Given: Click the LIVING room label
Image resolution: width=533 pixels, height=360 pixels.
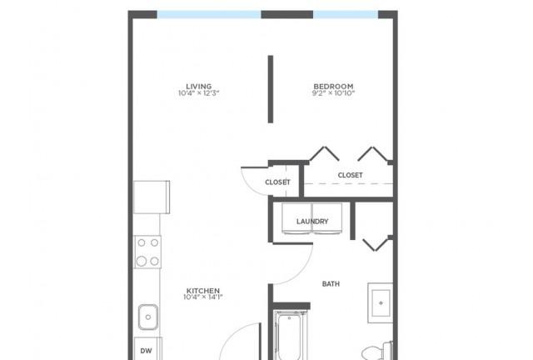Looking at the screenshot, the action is [199, 87].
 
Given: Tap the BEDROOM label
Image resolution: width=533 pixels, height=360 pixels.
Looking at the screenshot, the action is [333, 87].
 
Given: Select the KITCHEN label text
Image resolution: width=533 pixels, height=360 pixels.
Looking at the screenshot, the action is [203, 291].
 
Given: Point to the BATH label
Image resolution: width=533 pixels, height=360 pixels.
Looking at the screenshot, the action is [331, 284].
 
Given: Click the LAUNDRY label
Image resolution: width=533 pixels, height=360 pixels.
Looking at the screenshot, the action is [312, 222].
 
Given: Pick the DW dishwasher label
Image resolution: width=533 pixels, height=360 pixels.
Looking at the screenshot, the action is [147, 351].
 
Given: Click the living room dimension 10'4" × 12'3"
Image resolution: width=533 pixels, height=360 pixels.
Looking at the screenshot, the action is [199, 93].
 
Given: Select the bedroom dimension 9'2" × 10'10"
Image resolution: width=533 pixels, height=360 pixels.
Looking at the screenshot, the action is [333, 93].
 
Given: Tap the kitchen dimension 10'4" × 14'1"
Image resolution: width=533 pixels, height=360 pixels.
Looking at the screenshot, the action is [203, 297].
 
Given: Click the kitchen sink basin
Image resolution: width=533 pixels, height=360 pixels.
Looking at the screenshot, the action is [148, 317].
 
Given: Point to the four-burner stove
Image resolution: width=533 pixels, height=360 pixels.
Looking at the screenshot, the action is [148, 252].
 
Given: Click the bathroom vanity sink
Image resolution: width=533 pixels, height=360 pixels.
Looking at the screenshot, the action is [381, 302].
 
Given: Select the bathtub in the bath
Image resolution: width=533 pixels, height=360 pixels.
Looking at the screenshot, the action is [290, 336].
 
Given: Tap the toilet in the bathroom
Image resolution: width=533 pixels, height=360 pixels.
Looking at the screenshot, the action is [377, 351].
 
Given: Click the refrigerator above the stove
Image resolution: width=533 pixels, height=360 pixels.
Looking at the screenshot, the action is [152, 197].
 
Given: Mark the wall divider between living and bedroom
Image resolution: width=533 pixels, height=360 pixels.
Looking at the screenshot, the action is [271, 89].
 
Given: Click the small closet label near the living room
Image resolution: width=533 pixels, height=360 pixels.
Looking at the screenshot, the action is [277, 182].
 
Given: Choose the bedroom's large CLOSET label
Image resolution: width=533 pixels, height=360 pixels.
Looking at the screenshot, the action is [350, 175].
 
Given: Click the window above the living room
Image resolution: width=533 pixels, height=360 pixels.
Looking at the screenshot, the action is [209, 15].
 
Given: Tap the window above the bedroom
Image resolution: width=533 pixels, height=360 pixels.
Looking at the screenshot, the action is [346, 15].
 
